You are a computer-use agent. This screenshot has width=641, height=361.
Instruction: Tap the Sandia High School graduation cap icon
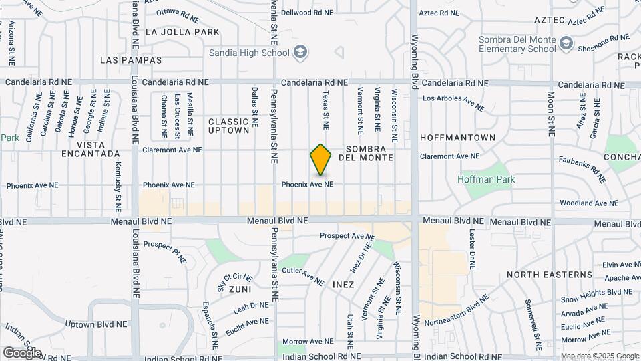point(300,52)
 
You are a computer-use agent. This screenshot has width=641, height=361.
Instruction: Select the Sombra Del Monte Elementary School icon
point(566,44)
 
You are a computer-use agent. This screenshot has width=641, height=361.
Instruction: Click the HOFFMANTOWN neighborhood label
point(458,138)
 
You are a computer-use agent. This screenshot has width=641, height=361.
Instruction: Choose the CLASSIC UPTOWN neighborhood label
point(229,126)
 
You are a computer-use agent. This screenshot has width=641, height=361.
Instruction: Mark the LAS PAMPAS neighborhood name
point(131,60)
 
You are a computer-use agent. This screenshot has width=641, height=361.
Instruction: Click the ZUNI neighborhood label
point(240,289)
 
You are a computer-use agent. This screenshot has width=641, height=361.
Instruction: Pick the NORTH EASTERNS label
point(550,275)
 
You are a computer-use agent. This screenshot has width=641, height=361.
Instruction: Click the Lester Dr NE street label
point(471,249)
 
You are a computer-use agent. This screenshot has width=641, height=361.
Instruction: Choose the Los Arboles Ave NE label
point(453,102)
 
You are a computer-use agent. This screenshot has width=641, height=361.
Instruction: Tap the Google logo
point(22,352)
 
